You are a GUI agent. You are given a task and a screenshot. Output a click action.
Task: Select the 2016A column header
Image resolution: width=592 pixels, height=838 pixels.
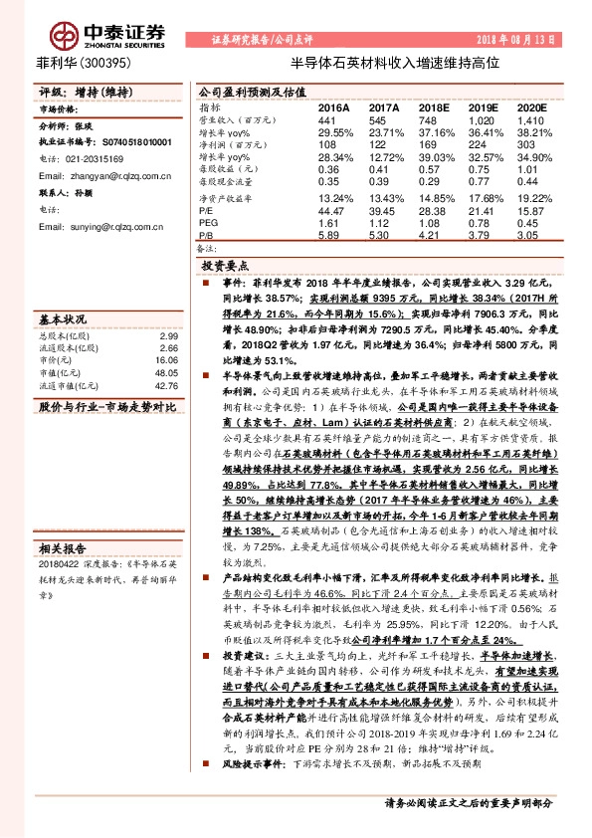coord(333,105)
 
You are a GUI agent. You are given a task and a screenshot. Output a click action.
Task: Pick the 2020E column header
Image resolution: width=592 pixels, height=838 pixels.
coord(532,105)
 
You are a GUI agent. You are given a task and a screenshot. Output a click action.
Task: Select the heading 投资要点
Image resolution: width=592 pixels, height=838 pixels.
coord(223,268)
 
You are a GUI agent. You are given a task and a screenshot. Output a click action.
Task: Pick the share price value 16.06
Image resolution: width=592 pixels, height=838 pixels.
coord(167,360)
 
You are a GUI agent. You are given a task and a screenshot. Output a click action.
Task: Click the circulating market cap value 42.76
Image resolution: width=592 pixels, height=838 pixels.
coord(167,386)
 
